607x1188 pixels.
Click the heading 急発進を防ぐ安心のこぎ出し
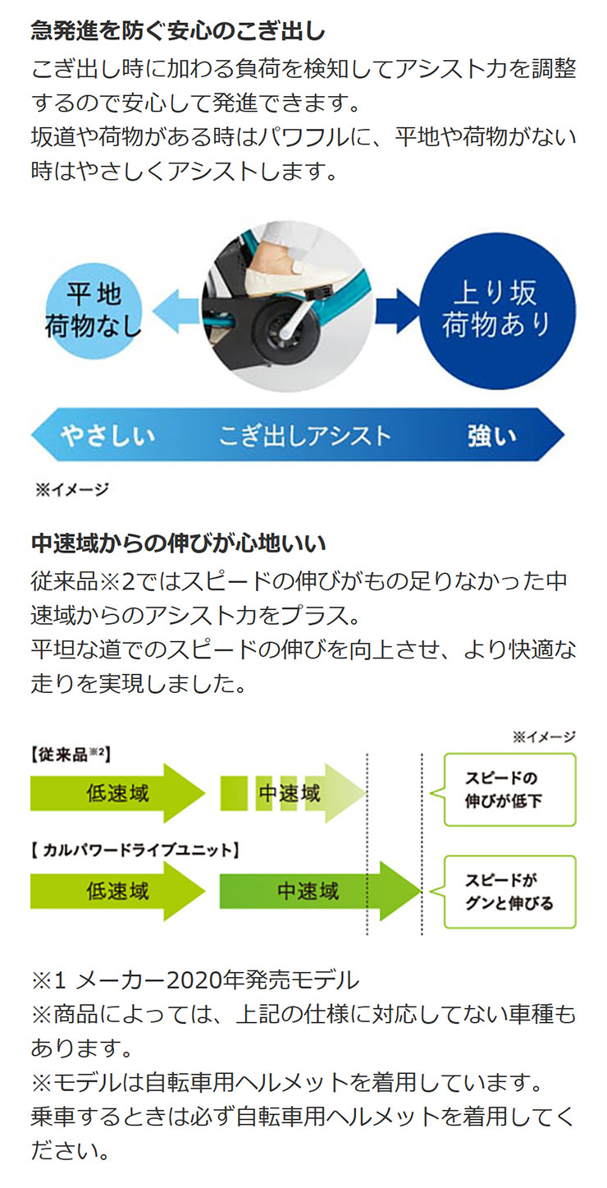coord(178,31)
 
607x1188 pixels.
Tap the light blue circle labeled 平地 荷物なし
coord(94,311)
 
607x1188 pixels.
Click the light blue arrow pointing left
coord(176,311)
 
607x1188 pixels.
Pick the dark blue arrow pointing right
coord(397,311)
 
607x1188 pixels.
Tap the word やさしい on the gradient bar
coord(108,436)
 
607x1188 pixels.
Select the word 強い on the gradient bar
coord(492,436)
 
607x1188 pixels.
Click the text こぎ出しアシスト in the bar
coord(305,436)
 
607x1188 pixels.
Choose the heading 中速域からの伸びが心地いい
coord(178,544)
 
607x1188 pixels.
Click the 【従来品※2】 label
coord(71,755)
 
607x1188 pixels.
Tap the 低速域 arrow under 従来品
coord(117,793)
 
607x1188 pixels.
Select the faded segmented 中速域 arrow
coord(292,793)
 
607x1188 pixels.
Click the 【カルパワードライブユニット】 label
coord(135,851)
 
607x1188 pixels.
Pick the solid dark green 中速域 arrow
coord(321,891)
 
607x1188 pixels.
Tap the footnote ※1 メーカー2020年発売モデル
coord(195,980)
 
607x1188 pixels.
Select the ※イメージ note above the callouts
coord(544,736)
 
